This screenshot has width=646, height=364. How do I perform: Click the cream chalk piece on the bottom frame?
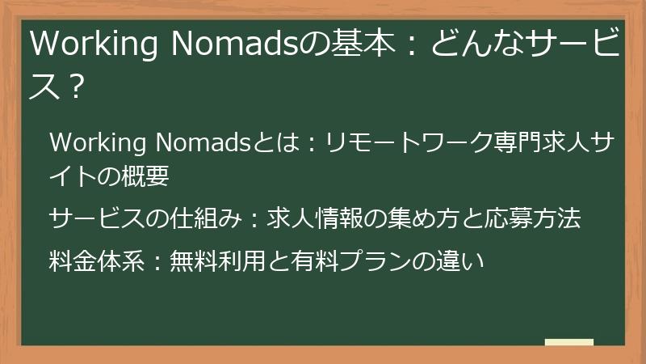[x=569, y=343]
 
